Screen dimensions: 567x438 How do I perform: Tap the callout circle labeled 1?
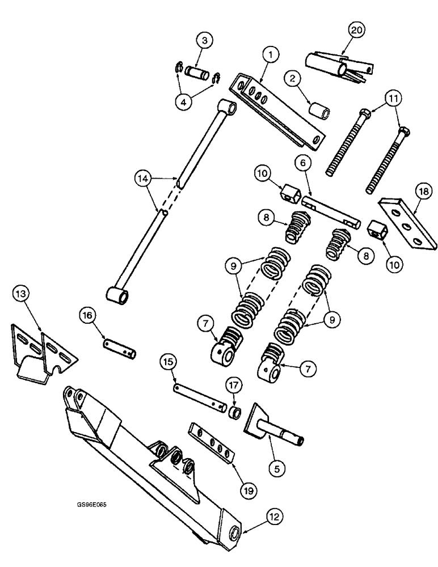click(x=271, y=55)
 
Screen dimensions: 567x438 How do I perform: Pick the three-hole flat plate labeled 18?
click(x=407, y=222)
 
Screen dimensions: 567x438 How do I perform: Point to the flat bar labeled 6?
click(x=330, y=211)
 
